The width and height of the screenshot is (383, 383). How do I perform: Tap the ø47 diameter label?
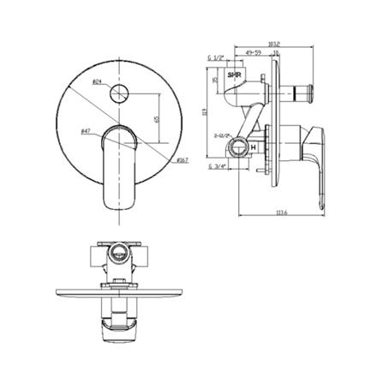[x=87, y=131]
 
